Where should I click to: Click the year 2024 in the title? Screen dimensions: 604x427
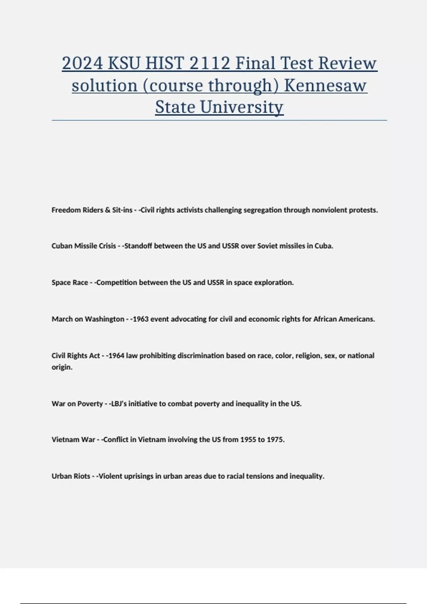pyautogui.click(x=83, y=64)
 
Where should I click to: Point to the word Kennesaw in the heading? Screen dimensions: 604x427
pyautogui.click(x=325, y=86)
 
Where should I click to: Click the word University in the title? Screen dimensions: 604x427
pyautogui.click(x=242, y=107)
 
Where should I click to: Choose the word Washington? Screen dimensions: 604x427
pyautogui.click(x=105, y=319)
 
